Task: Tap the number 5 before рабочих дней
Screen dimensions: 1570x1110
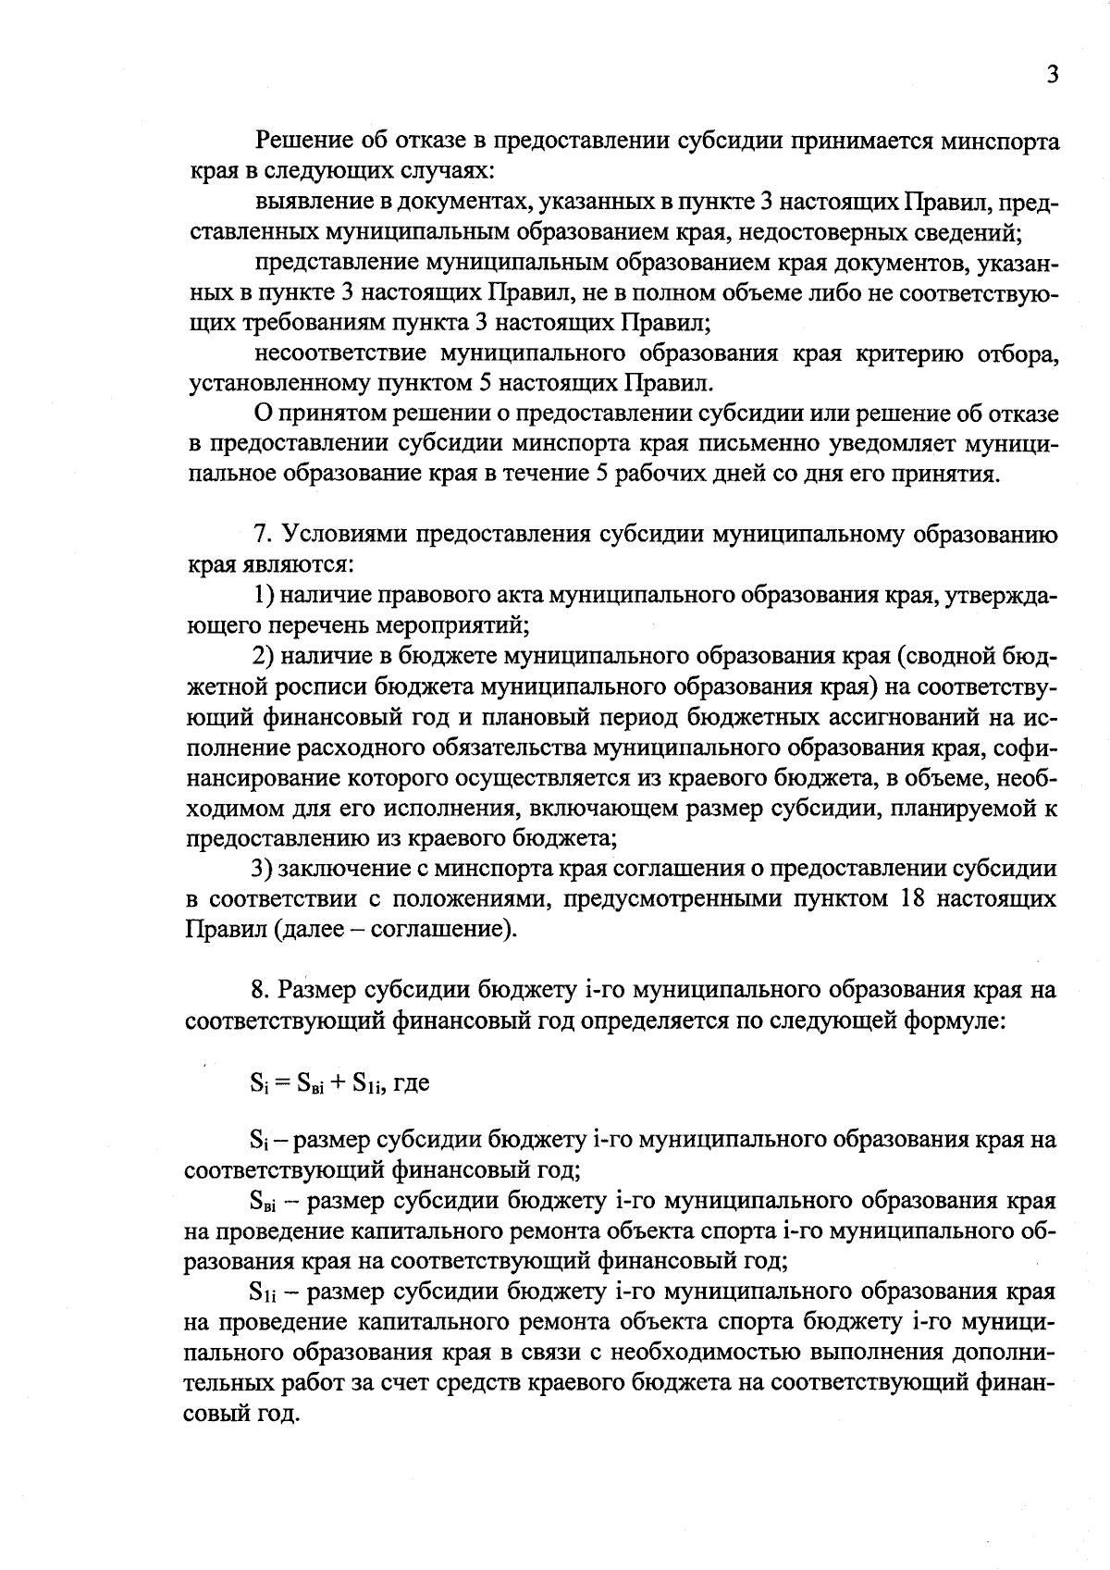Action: (x=596, y=474)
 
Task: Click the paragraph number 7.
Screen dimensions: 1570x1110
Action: (x=262, y=534)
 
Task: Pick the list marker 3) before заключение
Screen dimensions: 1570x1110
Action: (x=264, y=869)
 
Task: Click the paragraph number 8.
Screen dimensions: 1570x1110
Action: (x=260, y=990)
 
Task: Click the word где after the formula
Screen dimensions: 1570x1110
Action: (x=411, y=1082)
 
